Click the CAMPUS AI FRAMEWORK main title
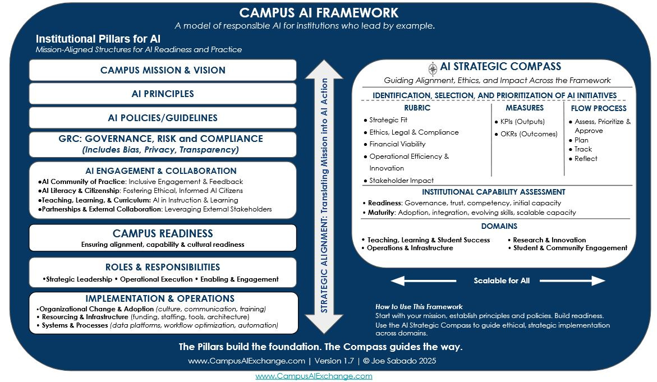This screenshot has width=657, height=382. point(319,12)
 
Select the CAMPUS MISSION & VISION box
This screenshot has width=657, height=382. point(163,70)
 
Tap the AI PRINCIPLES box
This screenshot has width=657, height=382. point(163,94)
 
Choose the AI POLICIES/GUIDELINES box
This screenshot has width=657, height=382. point(163,118)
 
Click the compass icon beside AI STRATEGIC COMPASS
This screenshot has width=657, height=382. point(433,68)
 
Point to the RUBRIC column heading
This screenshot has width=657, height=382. point(417,108)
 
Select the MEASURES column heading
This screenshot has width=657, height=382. point(525,108)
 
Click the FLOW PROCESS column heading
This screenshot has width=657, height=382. point(599,108)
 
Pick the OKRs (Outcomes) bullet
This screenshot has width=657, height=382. point(525,134)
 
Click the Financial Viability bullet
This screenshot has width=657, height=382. point(397,144)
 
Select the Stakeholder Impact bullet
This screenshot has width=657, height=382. point(401,181)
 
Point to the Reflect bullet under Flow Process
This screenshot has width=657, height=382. point(586,159)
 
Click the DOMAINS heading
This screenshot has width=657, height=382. point(499,226)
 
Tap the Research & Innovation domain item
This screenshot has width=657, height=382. point(549,240)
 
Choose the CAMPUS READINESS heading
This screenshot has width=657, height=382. point(163,233)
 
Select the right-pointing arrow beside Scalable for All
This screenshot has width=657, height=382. point(584,280)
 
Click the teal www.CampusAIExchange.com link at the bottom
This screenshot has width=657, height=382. point(314,376)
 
